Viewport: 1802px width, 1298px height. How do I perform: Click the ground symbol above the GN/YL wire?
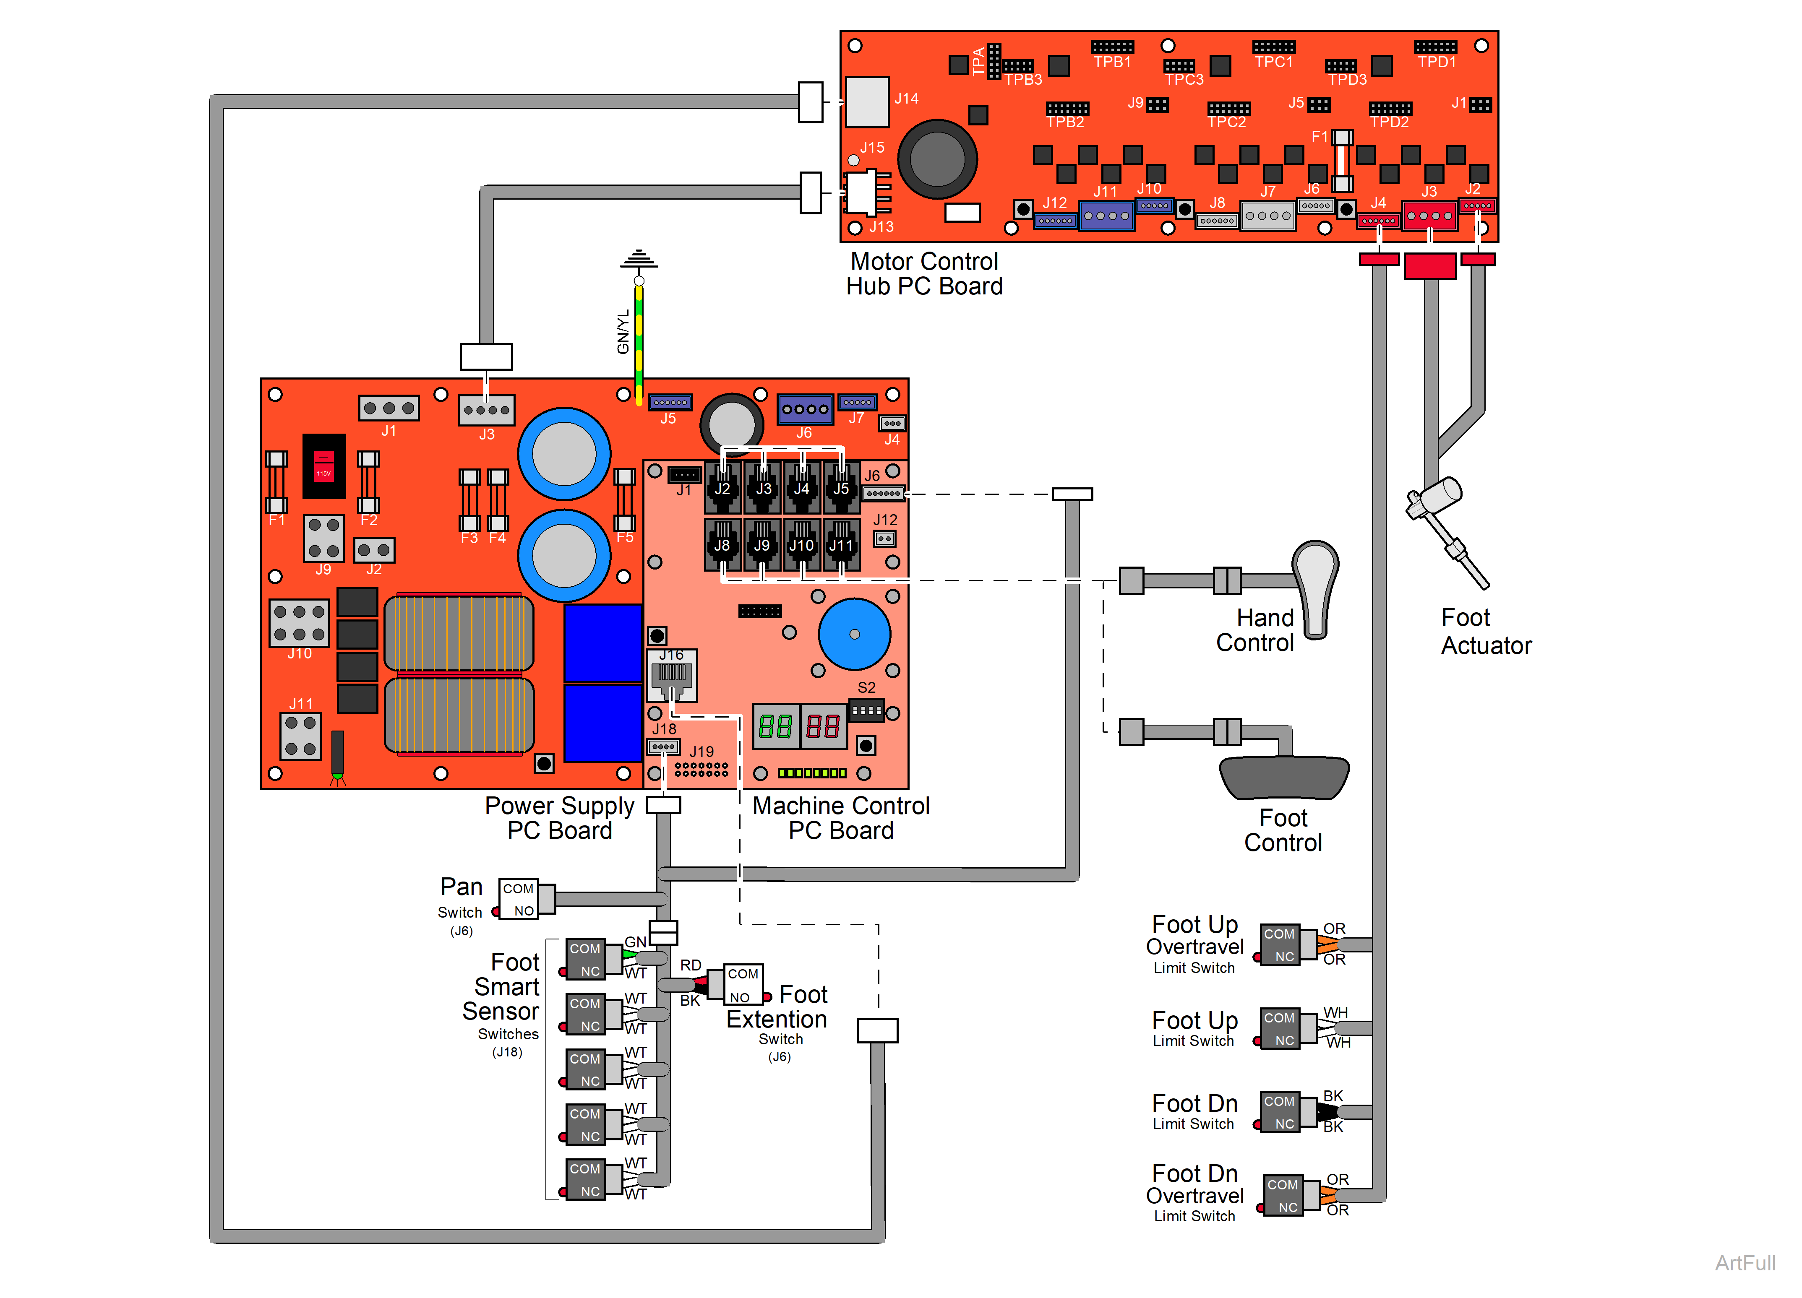tap(639, 260)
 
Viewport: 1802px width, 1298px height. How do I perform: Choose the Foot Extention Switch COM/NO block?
tap(743, 985)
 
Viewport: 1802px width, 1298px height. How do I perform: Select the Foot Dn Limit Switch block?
tap(1279, 1112)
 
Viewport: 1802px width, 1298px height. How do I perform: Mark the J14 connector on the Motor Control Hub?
tap(867, 101)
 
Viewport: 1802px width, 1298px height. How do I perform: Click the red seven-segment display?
tap(822, 726)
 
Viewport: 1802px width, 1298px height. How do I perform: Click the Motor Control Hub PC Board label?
tap(924, 274)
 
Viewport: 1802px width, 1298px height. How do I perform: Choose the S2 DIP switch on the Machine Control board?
tap(867, 710)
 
